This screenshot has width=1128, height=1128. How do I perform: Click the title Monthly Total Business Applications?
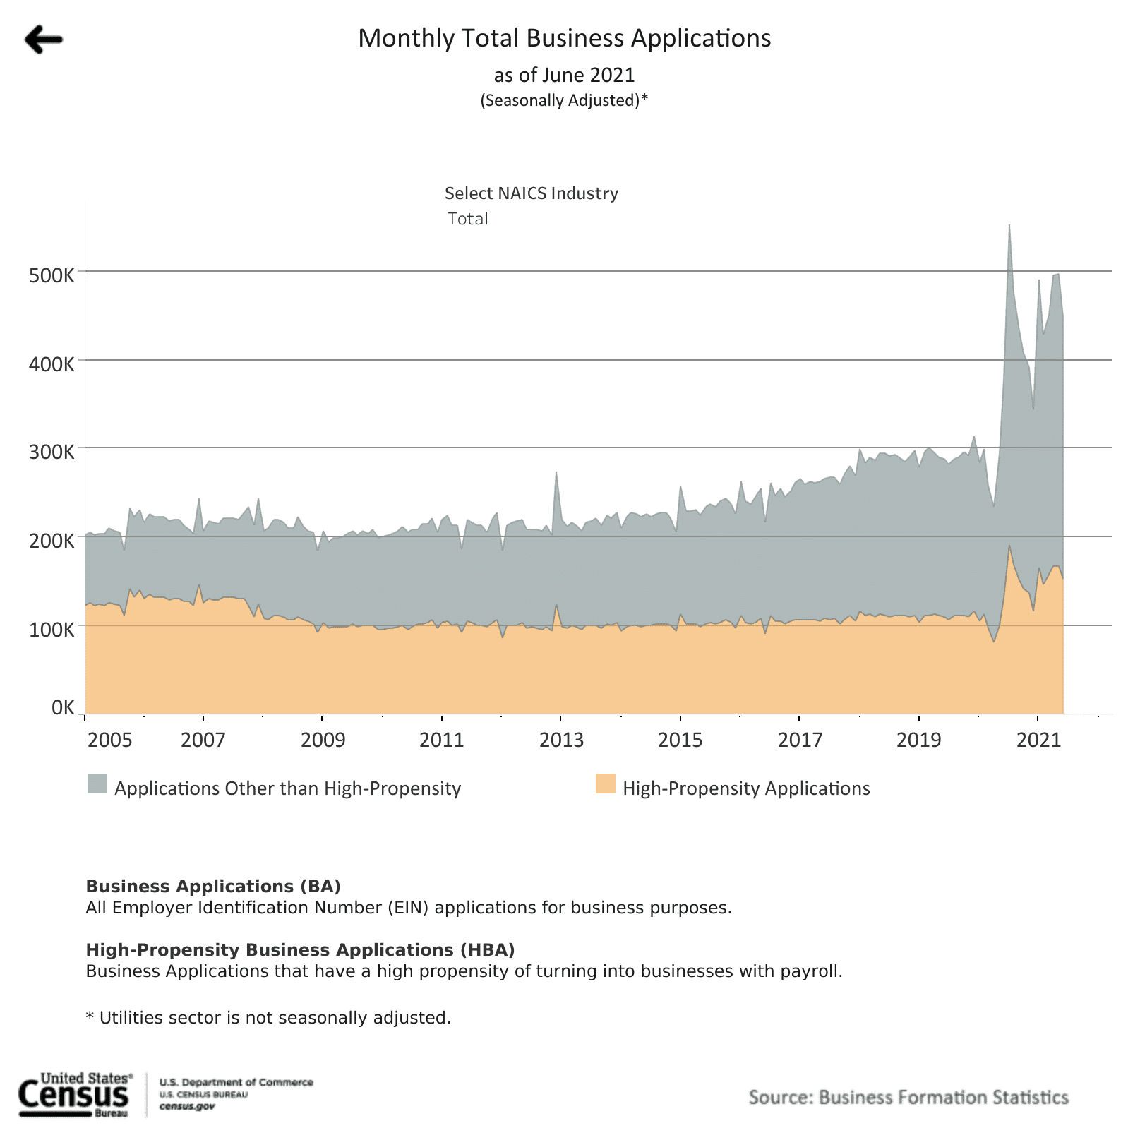point(564,38)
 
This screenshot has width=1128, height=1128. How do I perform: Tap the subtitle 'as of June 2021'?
point(564,75)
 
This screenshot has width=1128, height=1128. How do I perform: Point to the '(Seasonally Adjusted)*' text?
point(564,100)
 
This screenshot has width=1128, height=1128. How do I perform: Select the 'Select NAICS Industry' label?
point(531,193)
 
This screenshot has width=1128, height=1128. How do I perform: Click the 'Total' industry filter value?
point(468,219)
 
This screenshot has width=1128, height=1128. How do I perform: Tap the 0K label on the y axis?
point(63,707)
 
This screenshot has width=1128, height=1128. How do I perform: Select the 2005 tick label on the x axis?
point(109,740)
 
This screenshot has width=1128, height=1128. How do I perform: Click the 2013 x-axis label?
point(561,740)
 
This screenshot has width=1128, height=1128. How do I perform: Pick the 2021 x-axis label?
point(1038,740)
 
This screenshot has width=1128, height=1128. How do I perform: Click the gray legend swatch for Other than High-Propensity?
point(97,784)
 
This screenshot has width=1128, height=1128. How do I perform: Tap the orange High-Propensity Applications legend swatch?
point(605,784)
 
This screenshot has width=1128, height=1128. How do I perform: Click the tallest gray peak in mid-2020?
point(1009,229)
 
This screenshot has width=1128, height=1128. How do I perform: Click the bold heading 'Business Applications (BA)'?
point(213,886)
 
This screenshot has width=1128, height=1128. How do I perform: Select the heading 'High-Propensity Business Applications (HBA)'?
point(300,949)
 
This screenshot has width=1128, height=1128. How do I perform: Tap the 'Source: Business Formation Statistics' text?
point(908,1097)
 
